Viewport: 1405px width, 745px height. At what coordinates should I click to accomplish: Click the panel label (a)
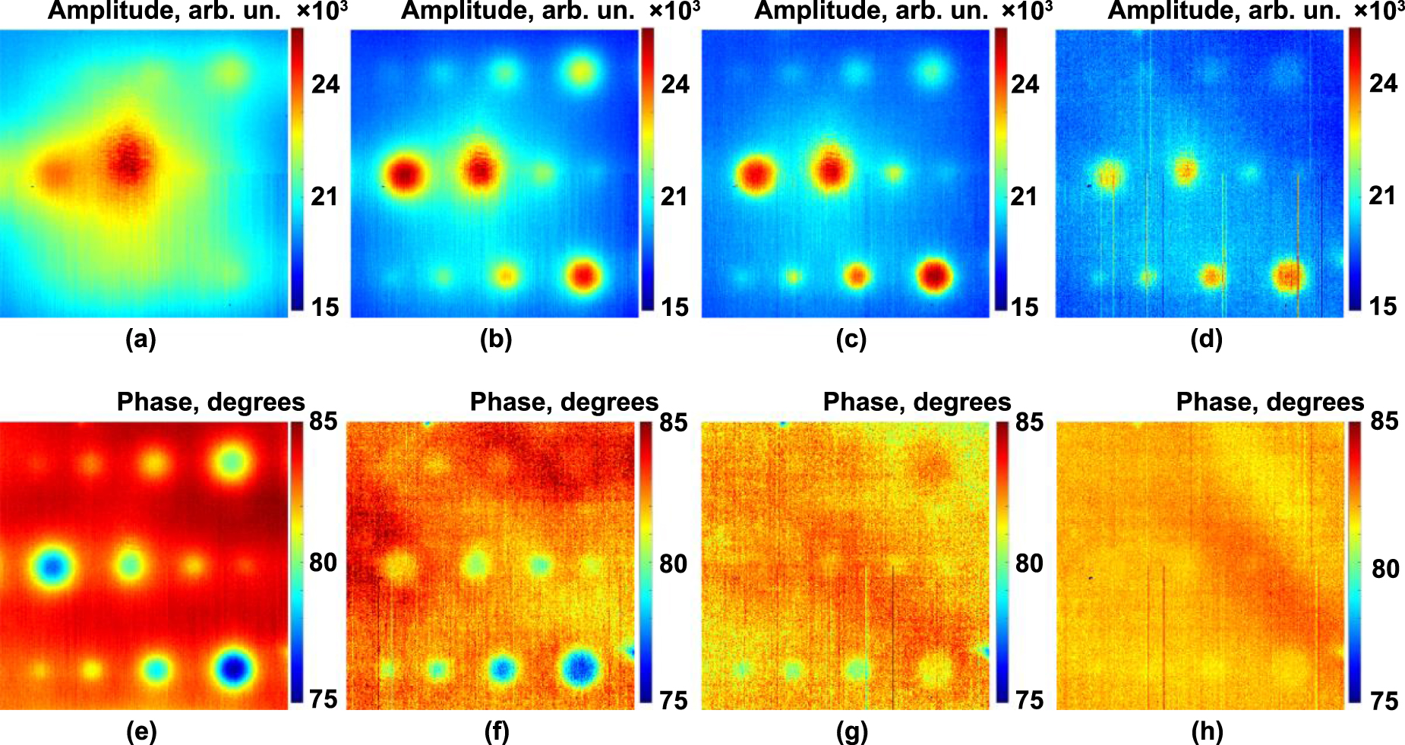coord(140,339)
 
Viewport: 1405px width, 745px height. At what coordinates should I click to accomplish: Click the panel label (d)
coord(1206,339)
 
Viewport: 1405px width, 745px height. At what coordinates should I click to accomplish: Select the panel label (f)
coord(496,732)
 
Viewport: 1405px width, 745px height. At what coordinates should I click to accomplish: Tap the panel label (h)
coord(1207,732)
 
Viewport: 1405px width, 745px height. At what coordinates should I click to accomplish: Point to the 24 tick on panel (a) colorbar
coord(325,84)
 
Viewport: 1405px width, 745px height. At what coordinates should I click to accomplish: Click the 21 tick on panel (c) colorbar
coord(1024,197)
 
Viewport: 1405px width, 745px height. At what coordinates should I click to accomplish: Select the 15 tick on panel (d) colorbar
coord(1382,306)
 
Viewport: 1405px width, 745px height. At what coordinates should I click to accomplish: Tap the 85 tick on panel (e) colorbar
coord(323,421)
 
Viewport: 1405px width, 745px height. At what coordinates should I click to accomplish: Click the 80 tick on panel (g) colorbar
coord(1029,563)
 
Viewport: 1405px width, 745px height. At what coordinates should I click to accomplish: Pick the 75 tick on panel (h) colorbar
coord(1384,700)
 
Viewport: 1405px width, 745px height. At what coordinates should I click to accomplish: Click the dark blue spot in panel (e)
coord(233,668)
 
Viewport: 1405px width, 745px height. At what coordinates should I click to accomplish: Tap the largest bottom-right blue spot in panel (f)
coord(581,668)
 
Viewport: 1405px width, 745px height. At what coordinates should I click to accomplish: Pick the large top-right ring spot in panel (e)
coord(231,462)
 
